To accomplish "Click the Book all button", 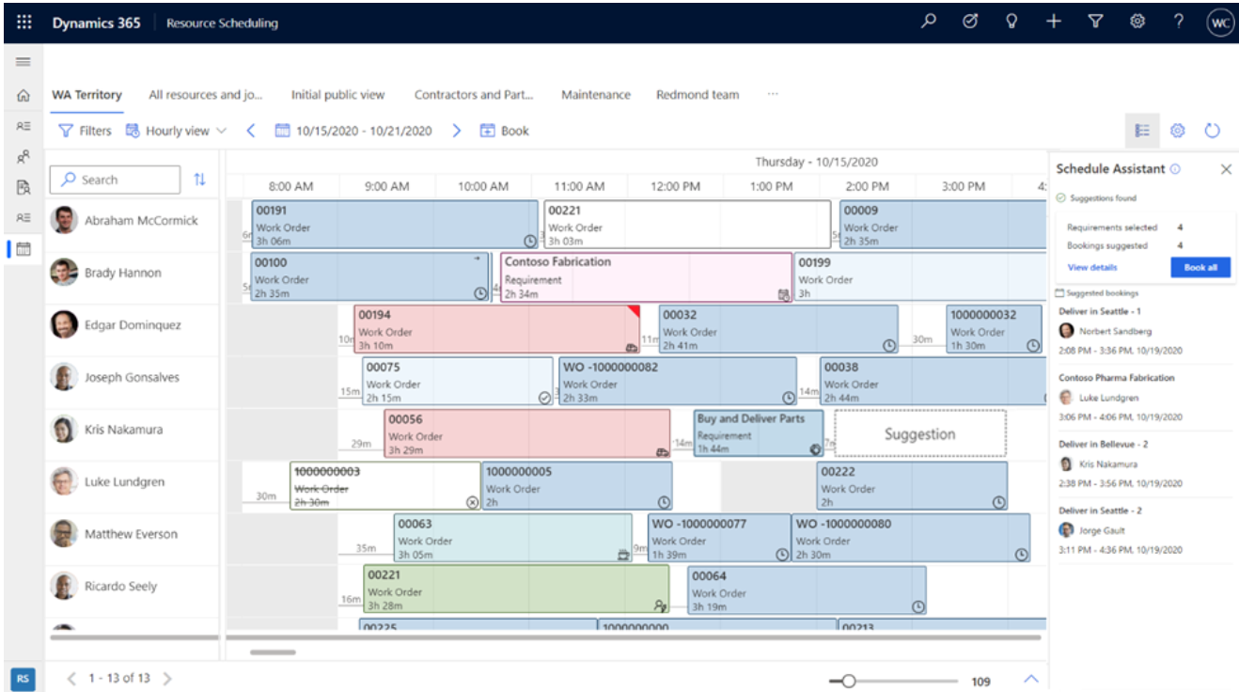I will click(x=1200, y=267).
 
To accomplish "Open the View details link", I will click(x=1092, y=268).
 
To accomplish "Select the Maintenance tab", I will click(x=596, y=95).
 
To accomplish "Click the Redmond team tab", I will click(x=698, y=95).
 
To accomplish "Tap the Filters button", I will click(x=85, y=131).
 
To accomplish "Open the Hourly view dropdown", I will click(x=176, y=131).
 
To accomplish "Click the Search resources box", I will click(x=115, y=180).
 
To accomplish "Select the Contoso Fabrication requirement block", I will click(x=646, y=277).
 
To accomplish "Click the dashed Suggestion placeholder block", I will click(x=919, y=433).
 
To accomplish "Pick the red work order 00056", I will click(x=526, y=433).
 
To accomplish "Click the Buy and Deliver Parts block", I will click(x=758, y=433).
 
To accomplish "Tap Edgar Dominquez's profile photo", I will click(x=64, y=325).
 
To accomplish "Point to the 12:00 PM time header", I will click(x=675, y=186).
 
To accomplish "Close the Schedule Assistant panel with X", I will click(x=1226, y=169).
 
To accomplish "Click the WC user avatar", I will click(x=1219, y=23).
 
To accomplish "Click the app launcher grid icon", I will click(x=24, y=23).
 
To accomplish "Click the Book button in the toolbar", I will click(x=505, y=131).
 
